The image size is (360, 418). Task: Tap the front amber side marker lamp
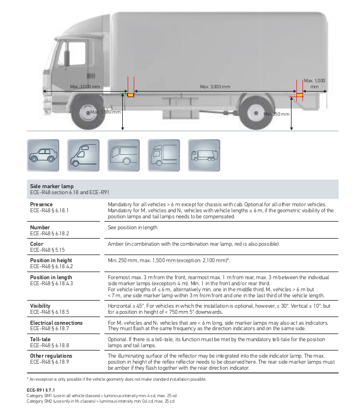pyautogui.click(x=130, y=95)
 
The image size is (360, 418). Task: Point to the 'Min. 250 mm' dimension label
pyautogui.click(x=276, y=114)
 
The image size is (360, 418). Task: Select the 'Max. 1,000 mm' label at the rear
pyautogui.click(x=315, y=83)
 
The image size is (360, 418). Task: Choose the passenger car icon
pyautogui.click(x=43, y=155)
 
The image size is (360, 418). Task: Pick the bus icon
pyautogui.click(x=123, y=155)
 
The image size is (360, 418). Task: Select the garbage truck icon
pyautogui.click(x=204, y=155)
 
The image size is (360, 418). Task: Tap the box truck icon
pyautogui.click(x=164, y=155)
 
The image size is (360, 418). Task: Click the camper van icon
pyautogui.click(x=83, y=155)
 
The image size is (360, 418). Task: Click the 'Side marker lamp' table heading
pyautogui.click(x=52, y=187)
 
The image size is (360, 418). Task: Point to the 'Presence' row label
pyautogui.click(x=43, y=204)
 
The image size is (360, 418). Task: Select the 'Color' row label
pyautogui.click(x=37, y=244)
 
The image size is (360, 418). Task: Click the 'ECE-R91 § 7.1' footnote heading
pyautogui.click(x=42, y=389)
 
